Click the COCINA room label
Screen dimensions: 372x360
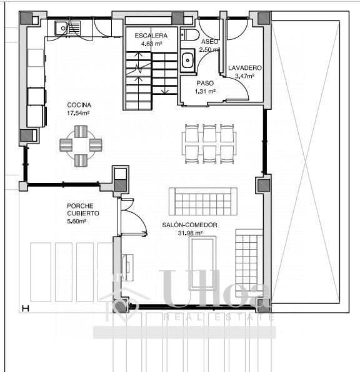click(79, 105)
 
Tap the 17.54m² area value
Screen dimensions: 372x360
click(79, 114)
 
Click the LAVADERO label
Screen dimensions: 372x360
click(244, 67)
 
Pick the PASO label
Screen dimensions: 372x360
click(205, 82)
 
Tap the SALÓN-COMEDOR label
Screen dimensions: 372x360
click(189, 225)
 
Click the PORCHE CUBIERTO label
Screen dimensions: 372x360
click(82, 209)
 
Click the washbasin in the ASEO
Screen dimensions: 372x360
click(187, 61)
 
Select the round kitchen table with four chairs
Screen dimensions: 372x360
click(81, 146)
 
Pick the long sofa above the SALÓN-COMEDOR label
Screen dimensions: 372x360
click(203, 200)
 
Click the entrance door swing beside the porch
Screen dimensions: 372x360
click(134, 218)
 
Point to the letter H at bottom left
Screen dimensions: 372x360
click(26, 308)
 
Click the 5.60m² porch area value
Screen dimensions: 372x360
click(76, 221)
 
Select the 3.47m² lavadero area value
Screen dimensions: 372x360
click(244, 76)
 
